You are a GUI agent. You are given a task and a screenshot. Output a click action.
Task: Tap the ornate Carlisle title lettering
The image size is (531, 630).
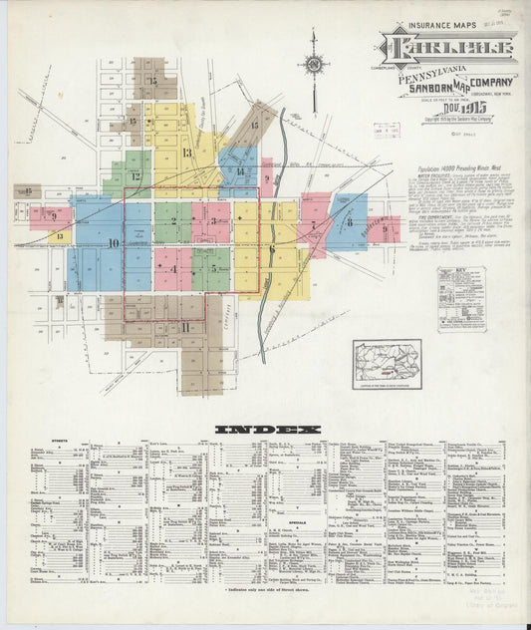tap(446, 48)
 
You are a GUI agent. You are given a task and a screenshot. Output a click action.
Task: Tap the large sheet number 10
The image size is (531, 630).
tap(113, 242)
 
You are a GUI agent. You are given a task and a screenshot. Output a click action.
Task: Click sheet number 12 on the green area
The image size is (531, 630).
tap(135, 176)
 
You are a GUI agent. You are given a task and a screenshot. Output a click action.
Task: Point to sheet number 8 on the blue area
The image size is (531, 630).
tap(350, 223)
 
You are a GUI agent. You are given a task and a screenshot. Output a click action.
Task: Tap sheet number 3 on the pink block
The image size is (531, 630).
tap(213, 220)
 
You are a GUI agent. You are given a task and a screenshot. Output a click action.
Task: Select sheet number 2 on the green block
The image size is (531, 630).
tap(173, 221)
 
